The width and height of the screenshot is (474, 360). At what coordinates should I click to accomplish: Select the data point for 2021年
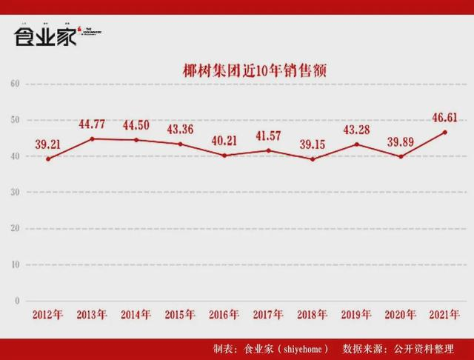point(442,132)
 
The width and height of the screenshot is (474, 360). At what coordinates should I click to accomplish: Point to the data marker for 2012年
point(48,159)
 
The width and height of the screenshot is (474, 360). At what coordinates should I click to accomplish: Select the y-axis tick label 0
point(16,301)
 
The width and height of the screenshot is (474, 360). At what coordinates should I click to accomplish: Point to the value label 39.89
point(401,141)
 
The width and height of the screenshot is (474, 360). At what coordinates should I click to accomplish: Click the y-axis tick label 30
point(13,192)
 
